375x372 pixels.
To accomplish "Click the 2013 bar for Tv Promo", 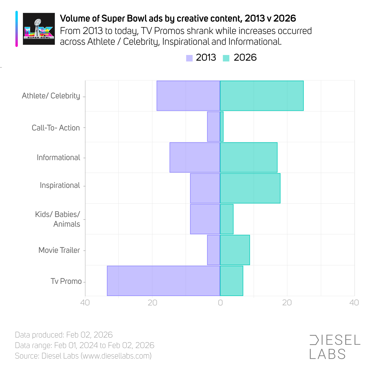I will pos(163,281).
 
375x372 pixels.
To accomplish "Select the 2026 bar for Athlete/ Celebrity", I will pos(262,96).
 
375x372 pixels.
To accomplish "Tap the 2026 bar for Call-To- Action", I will pos(222,126).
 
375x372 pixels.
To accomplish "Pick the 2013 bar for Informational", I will pos(195,157).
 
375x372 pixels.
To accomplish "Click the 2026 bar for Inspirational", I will pos(250,188).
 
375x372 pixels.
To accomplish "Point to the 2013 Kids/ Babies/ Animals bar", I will pos(205,219).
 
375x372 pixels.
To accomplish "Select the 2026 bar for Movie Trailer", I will pos(235,250).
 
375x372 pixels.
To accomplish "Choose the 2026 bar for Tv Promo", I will pos(231,281).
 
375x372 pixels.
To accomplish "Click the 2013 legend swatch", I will pos(189,58).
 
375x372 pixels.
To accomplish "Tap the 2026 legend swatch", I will pos(226,58).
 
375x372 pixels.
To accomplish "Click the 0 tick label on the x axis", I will pos(220,303).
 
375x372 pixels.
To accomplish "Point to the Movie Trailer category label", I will pos(59,250).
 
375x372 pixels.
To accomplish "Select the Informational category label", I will pos(58,157).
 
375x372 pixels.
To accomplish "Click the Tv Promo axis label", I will pos(66,281).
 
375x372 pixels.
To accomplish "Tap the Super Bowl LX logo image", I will pos(39,29).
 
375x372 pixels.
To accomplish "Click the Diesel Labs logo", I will pos(335,347).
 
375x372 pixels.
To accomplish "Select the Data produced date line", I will pos(64,335).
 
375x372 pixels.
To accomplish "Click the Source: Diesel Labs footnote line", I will pos(83,356).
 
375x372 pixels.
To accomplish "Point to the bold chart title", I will pos(178,18).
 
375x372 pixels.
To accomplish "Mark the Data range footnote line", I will pos(85,345).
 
